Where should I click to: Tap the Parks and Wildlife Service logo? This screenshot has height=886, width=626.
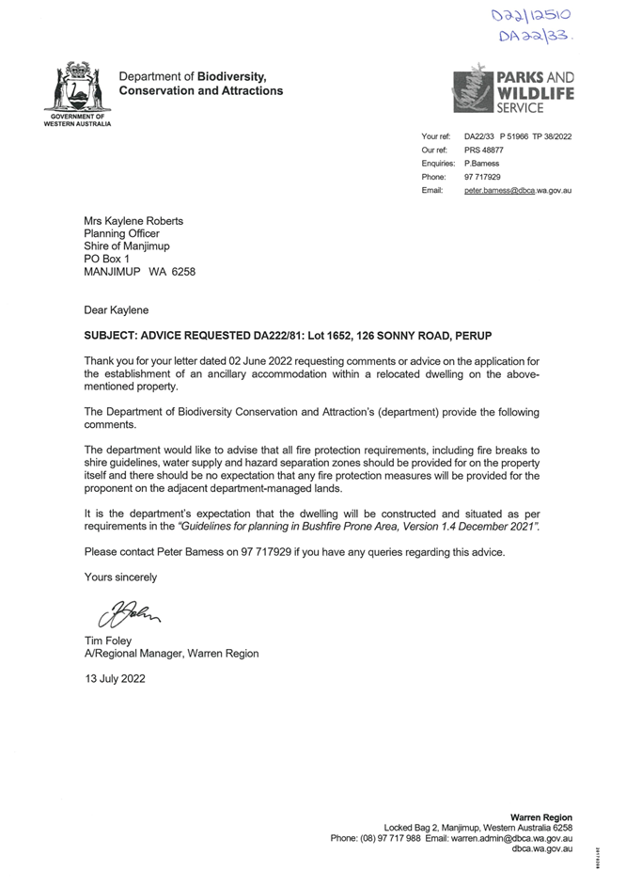pyautogui.click(x=512, y=88)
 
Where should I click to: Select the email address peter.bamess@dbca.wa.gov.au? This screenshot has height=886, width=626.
pyautogui.click(x=518, y=191)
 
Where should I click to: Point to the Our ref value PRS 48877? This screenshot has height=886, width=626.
pyautogui.click(x=484, y=150)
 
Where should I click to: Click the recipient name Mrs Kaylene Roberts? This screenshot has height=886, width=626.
pyautogui.click(x=133, y=222)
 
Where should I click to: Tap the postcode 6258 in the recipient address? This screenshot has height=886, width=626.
pyautogui.click(x=182, y=271)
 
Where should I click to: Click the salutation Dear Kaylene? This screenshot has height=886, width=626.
pyautogui.click(x=116, y=309)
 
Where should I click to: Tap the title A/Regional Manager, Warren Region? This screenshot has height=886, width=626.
pyautogui.click(x=171, y=654)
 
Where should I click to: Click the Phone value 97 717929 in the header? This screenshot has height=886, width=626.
pyautogui.click(x=482, y=177)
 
